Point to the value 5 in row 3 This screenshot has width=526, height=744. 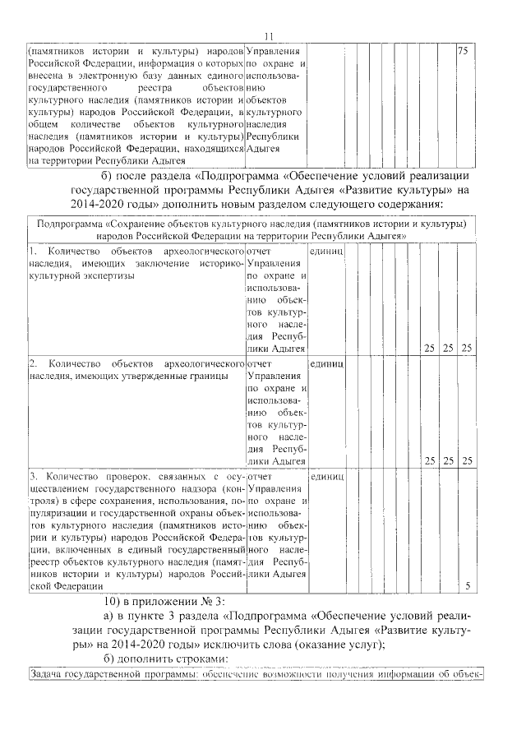click(x=468, y=586)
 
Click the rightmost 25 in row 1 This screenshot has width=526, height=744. click(x=467, y=349)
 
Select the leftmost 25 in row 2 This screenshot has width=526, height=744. click(x=429, y=461)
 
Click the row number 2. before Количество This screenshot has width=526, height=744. click(x=34, y=363)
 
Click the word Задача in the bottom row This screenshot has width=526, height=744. click(x=46, y=677)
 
